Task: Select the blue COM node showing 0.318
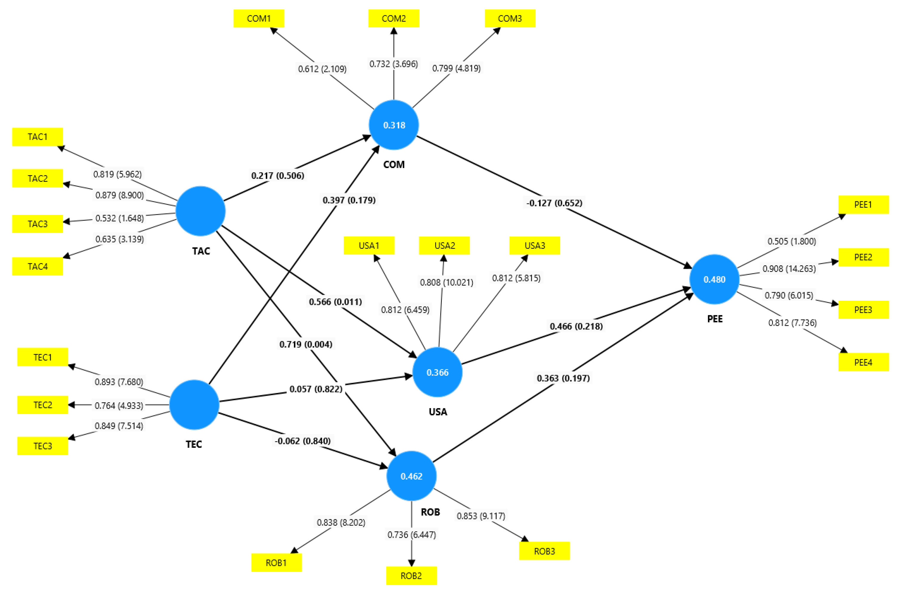(394, 125)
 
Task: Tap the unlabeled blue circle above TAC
(200, 211)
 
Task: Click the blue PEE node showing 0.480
(714, 279)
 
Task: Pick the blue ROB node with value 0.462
(411, 476)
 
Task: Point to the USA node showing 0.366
(437, 372)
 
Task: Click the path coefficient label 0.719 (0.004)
(306, 344)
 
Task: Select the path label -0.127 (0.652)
(554, 203)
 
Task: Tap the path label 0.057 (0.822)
(315, 389)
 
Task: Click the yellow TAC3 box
(37, 224)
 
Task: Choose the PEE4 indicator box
(863, 362)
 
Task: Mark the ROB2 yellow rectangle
(411, 576)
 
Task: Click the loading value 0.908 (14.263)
(789, 269)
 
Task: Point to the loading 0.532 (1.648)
(119, 218)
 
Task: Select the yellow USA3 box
(534, 246)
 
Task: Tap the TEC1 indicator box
(43, 357)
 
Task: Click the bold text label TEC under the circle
(194, 444)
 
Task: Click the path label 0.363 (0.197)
(563, 378)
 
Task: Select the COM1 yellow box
(258, 18)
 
